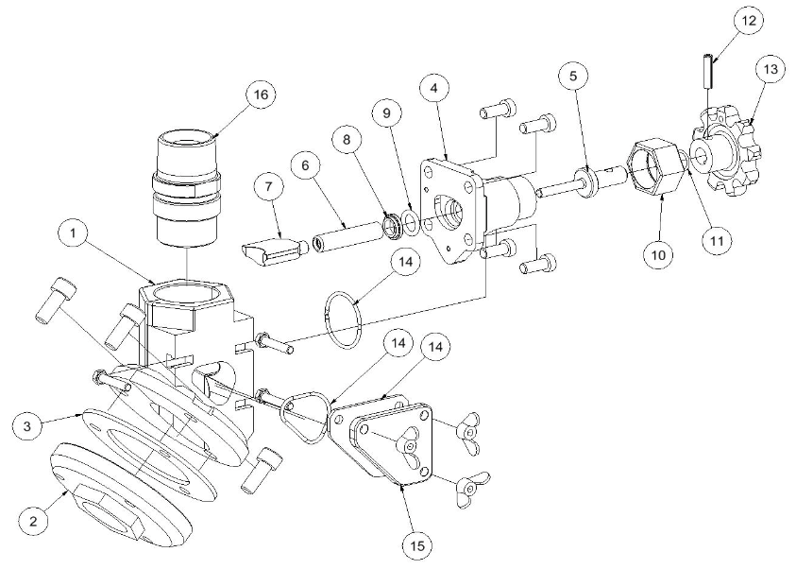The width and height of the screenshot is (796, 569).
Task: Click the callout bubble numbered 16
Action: [261, 95]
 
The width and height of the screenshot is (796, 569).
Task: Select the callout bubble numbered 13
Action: [771, 69]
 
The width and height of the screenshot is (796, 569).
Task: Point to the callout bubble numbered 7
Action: [268, 186]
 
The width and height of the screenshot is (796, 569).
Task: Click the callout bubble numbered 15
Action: [417, 545]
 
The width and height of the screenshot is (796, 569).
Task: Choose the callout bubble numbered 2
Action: [33, 522]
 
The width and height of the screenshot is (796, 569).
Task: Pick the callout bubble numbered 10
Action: [658, 254]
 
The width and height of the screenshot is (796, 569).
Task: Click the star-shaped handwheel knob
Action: [727, 155]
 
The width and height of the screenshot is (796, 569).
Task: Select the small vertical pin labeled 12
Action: [708, 71]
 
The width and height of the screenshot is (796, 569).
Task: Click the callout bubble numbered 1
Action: [73, 233]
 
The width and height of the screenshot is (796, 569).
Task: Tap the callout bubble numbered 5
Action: [573, 77]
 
